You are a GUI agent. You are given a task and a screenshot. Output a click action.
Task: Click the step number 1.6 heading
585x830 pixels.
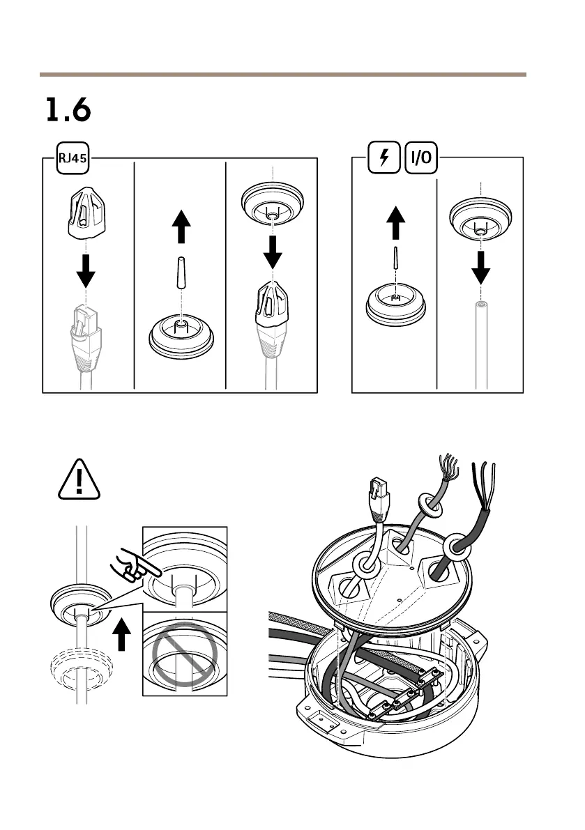[x=68, y=109]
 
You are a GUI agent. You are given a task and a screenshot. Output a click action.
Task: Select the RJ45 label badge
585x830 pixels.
[x=72, y=159]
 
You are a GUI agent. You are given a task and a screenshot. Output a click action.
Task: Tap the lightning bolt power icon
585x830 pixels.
[x=383, y=159]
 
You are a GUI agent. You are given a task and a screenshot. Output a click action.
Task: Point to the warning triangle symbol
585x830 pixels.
[x=79, y=479]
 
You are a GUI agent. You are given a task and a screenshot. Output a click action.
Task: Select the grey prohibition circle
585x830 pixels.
[x=183, y=656]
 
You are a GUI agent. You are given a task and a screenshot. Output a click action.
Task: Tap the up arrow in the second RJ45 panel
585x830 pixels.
[x=181, y=226]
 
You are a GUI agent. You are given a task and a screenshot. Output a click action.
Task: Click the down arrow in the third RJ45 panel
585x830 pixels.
[x=273, y=252]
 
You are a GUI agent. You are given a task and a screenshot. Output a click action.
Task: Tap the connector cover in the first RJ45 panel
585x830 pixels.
[x=85, y=212]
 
